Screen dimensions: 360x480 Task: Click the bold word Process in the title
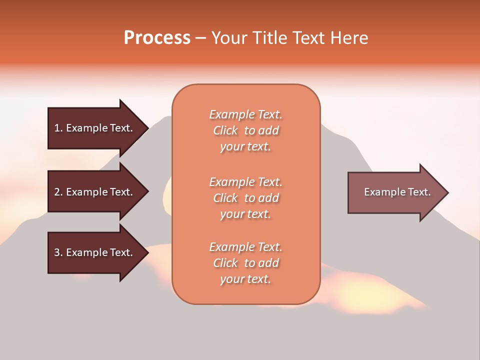157,38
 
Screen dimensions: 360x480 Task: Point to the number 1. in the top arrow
58,128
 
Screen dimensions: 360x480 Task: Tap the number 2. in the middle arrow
58,192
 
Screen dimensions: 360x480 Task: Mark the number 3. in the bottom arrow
58,252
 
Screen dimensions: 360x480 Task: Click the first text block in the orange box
245,130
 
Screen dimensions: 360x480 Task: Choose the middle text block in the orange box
245,198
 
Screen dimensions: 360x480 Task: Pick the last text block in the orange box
245,263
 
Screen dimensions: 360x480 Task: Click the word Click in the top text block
225,130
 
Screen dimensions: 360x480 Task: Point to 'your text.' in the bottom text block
245,279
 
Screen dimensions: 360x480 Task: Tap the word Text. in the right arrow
419,192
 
